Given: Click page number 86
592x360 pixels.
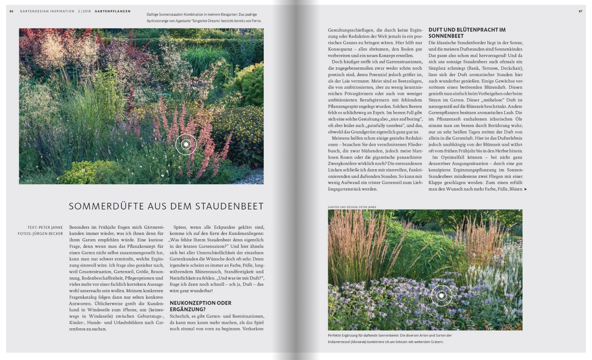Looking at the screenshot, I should (x=11, y=11).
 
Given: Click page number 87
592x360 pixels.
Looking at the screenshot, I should (x=581, y=11).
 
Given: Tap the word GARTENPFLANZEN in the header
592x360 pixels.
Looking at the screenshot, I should (x=113, y=11).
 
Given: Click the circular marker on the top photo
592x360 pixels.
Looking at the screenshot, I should (x=186, y=144).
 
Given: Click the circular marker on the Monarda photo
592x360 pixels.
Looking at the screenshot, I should (x=441, y=296).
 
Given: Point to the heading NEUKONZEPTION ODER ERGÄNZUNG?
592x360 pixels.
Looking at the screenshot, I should (x=200, y=306).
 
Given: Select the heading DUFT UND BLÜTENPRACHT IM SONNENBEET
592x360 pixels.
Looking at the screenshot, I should (x=467, y=33).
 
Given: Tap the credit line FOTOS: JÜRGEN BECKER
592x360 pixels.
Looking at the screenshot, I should (x=40, y=234).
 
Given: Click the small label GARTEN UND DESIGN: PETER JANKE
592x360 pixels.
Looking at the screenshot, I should (x=352, y=207).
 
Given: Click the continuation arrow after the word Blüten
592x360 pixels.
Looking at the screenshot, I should (x=526, y=189).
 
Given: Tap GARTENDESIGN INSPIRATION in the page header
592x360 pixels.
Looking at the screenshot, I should (x=47, y=11).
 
